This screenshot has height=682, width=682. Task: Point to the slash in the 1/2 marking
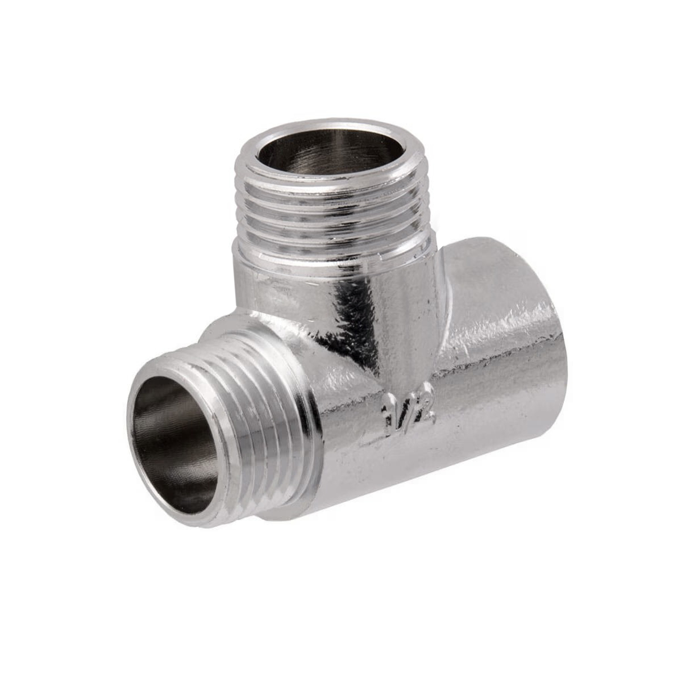click(405, 411)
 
